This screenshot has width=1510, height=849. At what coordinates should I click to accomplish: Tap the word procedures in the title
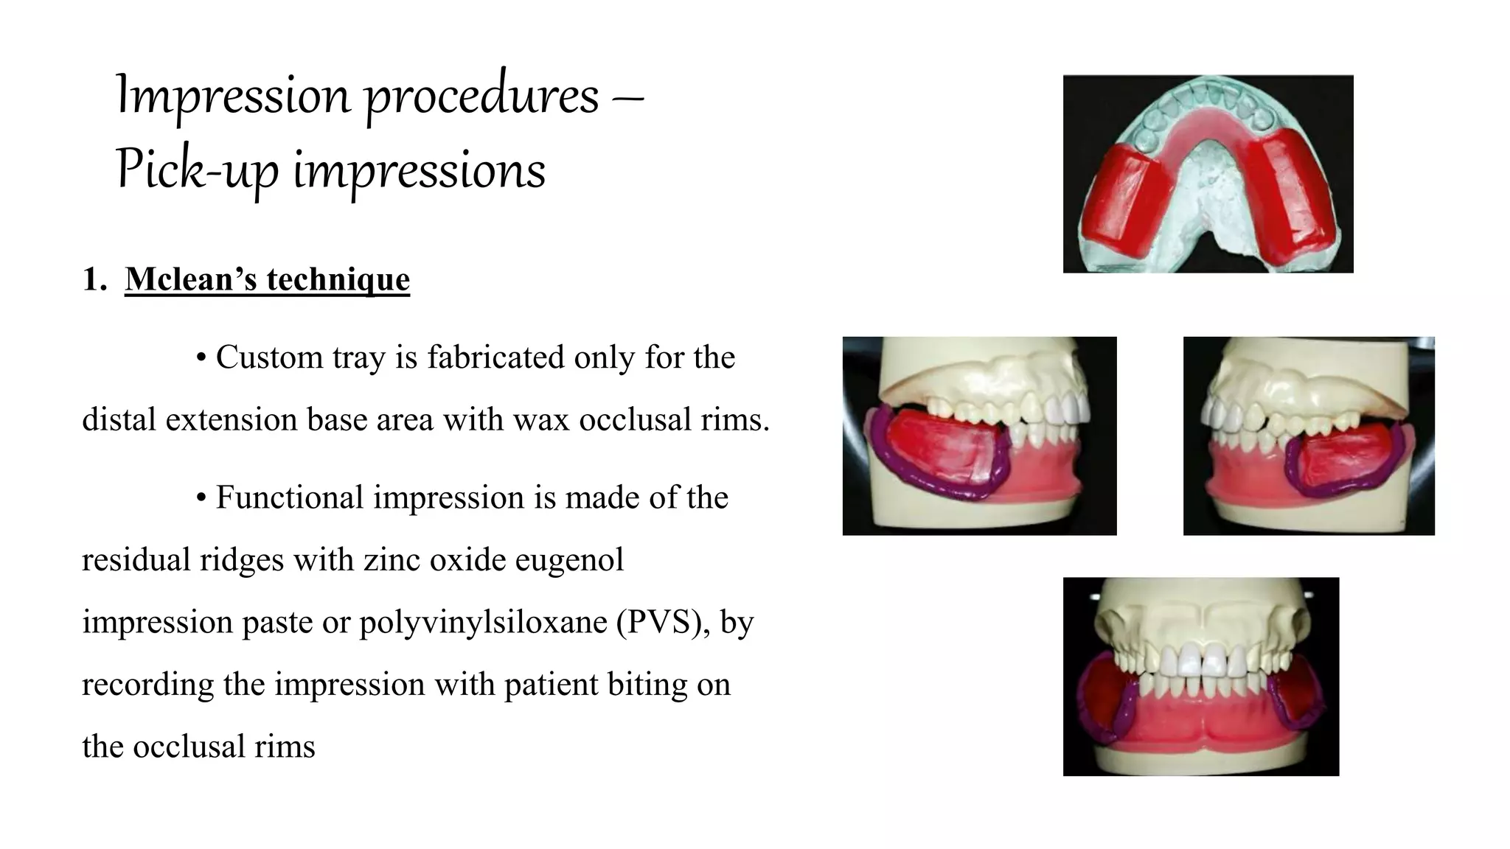[482, 96]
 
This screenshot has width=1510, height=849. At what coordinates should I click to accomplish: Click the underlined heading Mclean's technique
[267, 279]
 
